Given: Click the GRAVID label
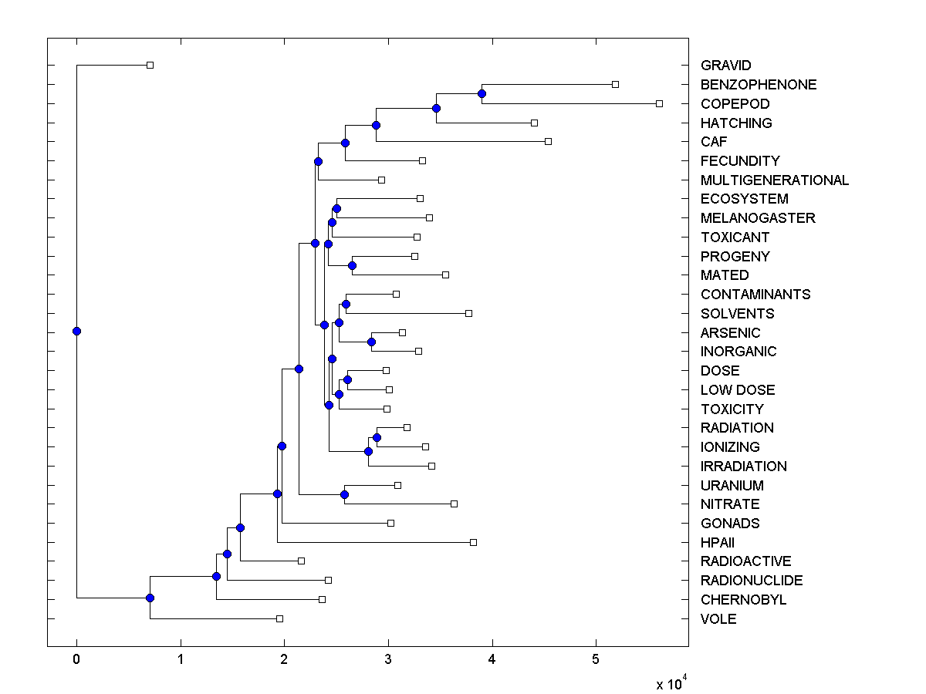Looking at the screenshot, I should (x=725, y=66).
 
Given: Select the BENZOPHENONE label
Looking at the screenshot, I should (x=758, y=85).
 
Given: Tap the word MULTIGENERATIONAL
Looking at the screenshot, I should (x=774, y=180).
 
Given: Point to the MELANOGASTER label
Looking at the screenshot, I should (x=757, y=218).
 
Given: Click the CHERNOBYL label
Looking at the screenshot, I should (x=743, y=600).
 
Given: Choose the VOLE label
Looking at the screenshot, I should (x=718, y=619).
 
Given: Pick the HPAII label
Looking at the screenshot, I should (x=717, y=543).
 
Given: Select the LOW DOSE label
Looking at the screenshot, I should (x=737, y=390).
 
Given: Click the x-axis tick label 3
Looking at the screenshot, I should (x=388, y=659).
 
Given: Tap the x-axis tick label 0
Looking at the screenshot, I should (x=76, y=659).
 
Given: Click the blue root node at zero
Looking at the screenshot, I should (x=76, y=332).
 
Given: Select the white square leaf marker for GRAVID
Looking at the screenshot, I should (x=150, y=65).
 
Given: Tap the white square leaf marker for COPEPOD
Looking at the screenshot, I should (x=659, y=103).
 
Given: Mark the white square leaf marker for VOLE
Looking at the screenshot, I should (x=279, y=618).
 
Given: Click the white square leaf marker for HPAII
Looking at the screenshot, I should (x=473, y=542).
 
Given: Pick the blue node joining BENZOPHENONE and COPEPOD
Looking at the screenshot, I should (x=482, y=93).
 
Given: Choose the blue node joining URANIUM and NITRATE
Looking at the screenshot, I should (x=344, y=494).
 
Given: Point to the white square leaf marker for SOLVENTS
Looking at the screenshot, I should (x=468, y=313).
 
